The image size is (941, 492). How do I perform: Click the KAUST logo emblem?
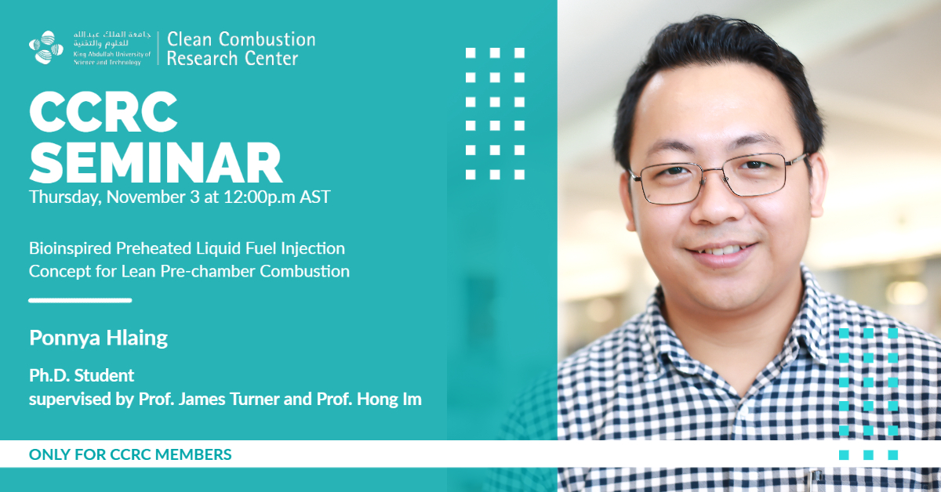[46, 48]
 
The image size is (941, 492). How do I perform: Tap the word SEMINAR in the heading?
[155, 162]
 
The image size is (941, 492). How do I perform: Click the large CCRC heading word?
[104, 112]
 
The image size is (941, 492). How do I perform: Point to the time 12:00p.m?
[260, 197]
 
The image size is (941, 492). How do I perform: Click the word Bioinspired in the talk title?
[70, 248]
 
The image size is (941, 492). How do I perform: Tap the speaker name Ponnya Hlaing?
[98, 338]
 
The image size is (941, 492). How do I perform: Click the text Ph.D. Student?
[82, 375]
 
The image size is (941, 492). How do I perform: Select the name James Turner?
[229, 399]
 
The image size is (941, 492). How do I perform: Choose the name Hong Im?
[389, 400]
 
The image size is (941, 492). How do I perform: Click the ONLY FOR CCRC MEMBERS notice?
[130, 454]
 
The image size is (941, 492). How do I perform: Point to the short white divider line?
[80, 300]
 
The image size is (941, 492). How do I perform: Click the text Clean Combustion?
[242, 39]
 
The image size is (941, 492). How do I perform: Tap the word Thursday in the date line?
[64, 197]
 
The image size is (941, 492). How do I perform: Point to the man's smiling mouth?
[721, 253]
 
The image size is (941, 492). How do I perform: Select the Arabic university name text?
[111, 39]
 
